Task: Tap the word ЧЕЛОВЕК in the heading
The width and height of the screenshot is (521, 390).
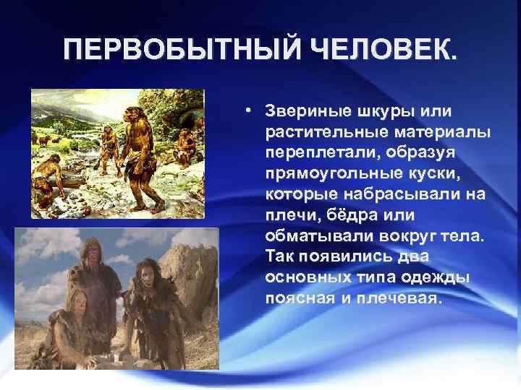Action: pos(383,52)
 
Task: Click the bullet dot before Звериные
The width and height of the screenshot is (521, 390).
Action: pos(247,112)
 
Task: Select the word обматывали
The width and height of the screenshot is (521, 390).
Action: pos(308,238)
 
